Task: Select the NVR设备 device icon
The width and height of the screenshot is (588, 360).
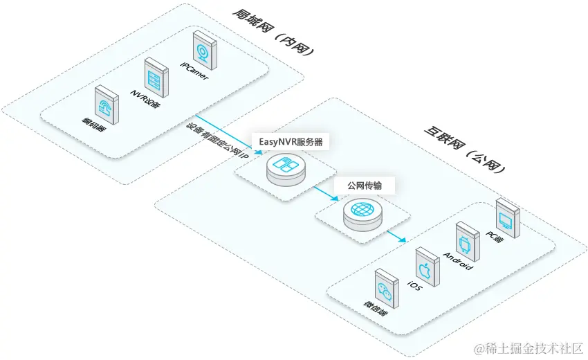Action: click(x=156, y=76)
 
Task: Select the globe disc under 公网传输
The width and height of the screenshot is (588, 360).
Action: click(x=361, y=211)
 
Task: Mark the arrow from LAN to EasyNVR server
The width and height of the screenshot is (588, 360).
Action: click(x=228, y=132)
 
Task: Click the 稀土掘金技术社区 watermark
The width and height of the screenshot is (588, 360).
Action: click(x=529, y=347)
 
